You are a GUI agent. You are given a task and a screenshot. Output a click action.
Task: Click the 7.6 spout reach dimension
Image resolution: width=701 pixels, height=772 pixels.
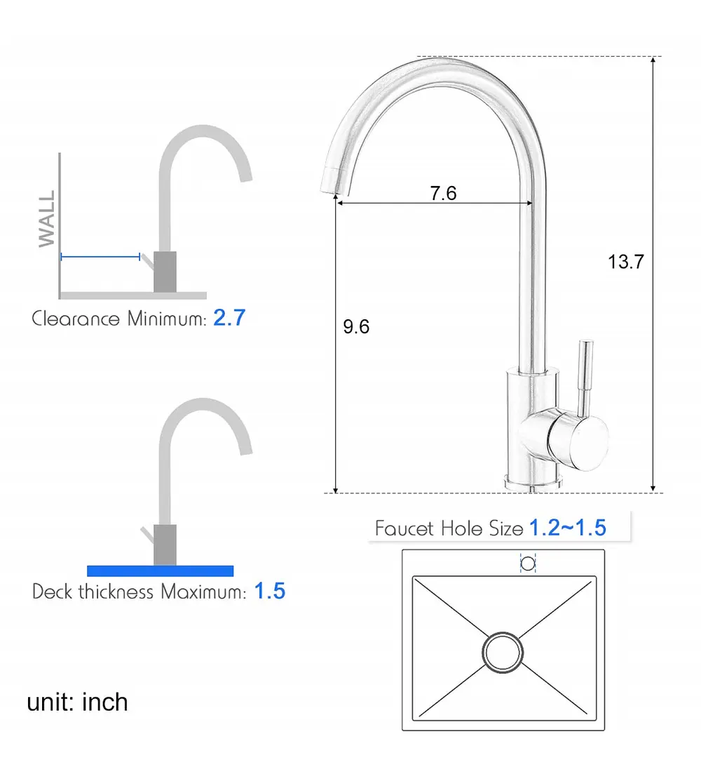click(x=443, y=193)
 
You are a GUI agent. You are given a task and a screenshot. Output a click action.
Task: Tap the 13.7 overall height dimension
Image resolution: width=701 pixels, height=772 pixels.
click(x=626, y=262)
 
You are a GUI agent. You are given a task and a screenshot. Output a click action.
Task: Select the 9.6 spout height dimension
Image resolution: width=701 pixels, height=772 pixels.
click(x=356, y=326)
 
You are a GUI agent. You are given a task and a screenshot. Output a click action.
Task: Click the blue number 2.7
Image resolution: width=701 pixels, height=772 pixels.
click(x=229, y=317)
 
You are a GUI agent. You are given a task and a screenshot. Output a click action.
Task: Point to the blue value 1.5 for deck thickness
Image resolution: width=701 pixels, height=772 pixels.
click(x=270, y=591)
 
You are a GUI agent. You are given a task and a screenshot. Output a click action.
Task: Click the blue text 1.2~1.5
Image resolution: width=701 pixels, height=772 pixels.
click(x=568, y=528)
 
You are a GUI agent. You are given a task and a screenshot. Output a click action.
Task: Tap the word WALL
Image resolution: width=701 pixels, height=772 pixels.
click(x=47, y=219)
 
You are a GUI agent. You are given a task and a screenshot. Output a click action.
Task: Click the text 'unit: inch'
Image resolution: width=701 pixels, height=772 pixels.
click(x=77, y=702)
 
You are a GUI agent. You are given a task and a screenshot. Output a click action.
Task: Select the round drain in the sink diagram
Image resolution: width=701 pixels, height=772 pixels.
click(x=503, y=653)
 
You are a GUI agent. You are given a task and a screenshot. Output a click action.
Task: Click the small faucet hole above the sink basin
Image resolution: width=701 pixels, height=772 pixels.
click(x=528, y=564)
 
